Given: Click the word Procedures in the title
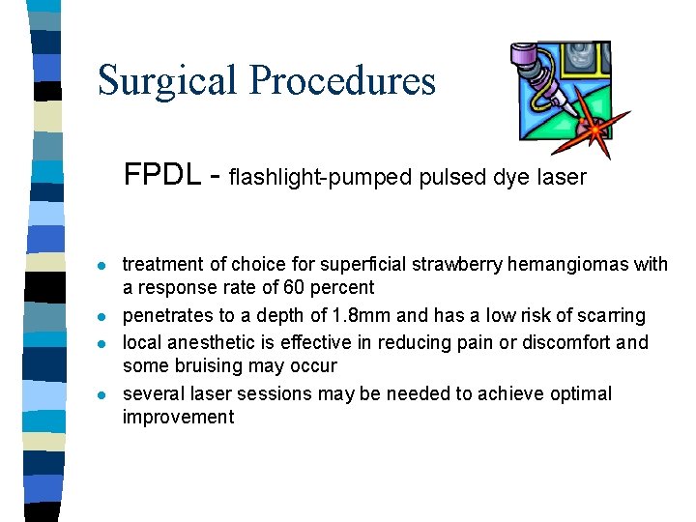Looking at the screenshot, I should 342,80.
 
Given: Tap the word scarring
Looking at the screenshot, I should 609,316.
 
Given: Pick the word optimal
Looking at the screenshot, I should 579,394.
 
